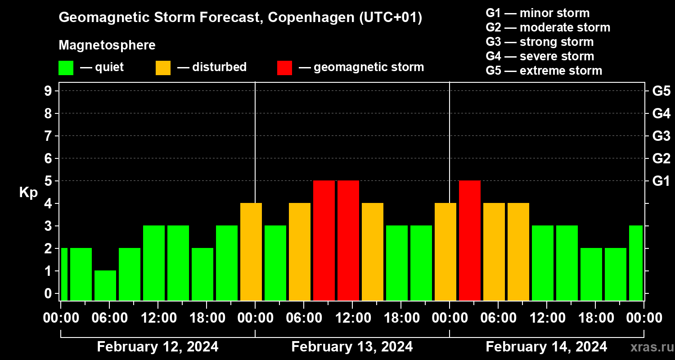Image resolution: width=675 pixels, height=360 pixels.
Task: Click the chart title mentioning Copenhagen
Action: tap(240, 18)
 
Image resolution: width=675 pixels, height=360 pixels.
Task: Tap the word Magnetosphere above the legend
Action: tap(107, 45)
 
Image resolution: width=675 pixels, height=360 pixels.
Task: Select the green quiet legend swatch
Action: tap(66, 68)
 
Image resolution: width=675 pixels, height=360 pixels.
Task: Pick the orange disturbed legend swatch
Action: tap(163, 68)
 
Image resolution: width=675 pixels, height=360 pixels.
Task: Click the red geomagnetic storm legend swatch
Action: tap(284, 68)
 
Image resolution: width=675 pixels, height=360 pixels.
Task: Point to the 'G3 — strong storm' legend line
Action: tap(540, 42)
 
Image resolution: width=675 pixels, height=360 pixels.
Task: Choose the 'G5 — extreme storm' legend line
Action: tap(544, 71)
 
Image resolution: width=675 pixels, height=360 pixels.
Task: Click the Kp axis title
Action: tap(28, 193)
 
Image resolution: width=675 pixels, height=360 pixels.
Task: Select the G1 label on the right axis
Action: tap(661, 181)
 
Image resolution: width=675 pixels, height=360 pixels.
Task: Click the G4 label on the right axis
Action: tap(661, 113)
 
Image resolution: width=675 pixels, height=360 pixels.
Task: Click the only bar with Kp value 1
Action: tap(105, 285)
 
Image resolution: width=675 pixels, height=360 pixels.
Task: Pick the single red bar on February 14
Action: tap(470, 240)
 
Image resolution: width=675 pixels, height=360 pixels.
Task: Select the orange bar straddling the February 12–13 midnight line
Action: tap(251, 252)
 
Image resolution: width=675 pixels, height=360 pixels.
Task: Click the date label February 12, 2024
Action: tap(157, 347)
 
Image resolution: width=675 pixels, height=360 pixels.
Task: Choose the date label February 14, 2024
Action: tap(546, 347)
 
